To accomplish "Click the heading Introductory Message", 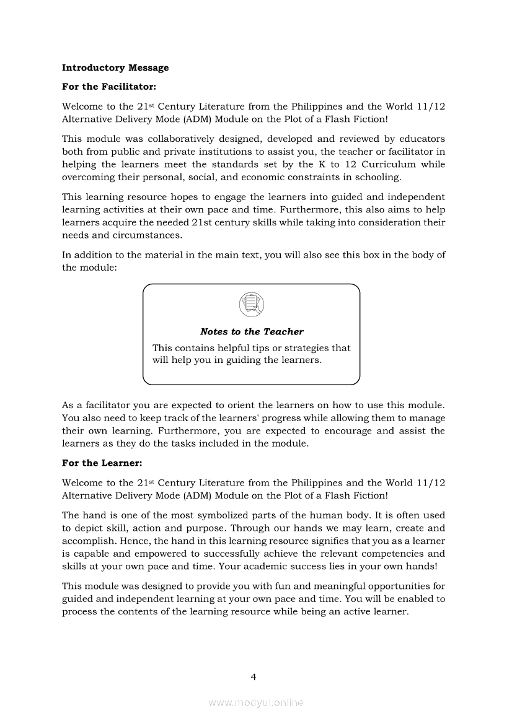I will pyautogui.click(x=115, y=68).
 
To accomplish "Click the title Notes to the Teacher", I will pyautogui.click(x=252, y=332).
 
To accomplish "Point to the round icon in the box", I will pyautogui.click(x=251, y=304).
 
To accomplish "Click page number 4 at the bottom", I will pyautogui.click(x=253, y=676).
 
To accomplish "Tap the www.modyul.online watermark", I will pyautogui.click(x=256, y=702).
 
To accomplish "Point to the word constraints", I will pyautogui.click(x=329, y=178).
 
